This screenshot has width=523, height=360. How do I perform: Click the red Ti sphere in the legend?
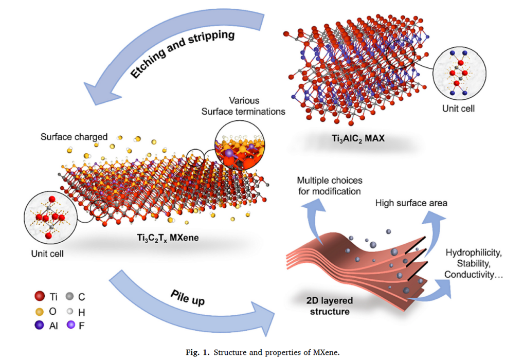tap(39, 297)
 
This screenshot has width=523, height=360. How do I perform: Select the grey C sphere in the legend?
tap(70, 297)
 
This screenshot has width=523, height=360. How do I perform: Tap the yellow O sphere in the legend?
tap(39, 311)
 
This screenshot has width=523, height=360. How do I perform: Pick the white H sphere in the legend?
tap(70, 311)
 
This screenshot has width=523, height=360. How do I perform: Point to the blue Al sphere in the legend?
tap(39, 325)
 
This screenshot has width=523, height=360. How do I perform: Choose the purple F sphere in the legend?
tap(70, 325)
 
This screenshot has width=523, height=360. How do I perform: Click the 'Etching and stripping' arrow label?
tap(182, 56)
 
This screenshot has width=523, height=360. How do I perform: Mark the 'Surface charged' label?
tap(74, 137)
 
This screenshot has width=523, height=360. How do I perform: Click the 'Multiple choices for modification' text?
tap(330, 186)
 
